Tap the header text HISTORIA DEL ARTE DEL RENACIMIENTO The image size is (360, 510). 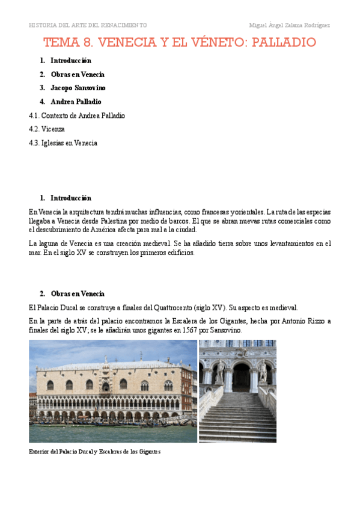click(x=88, y=25)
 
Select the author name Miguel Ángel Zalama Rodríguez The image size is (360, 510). click(x=289, y=25)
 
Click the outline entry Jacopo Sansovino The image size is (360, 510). click(x=78, y=88)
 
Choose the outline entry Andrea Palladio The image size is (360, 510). click(x=76, y=102)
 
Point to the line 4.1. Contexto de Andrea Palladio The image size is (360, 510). click(x=77, y=115)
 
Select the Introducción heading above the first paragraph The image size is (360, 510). click(x=71, y=198)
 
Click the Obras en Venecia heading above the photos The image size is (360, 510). click(x=78, y=293)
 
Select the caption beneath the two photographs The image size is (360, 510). click(x=94, y=452)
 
